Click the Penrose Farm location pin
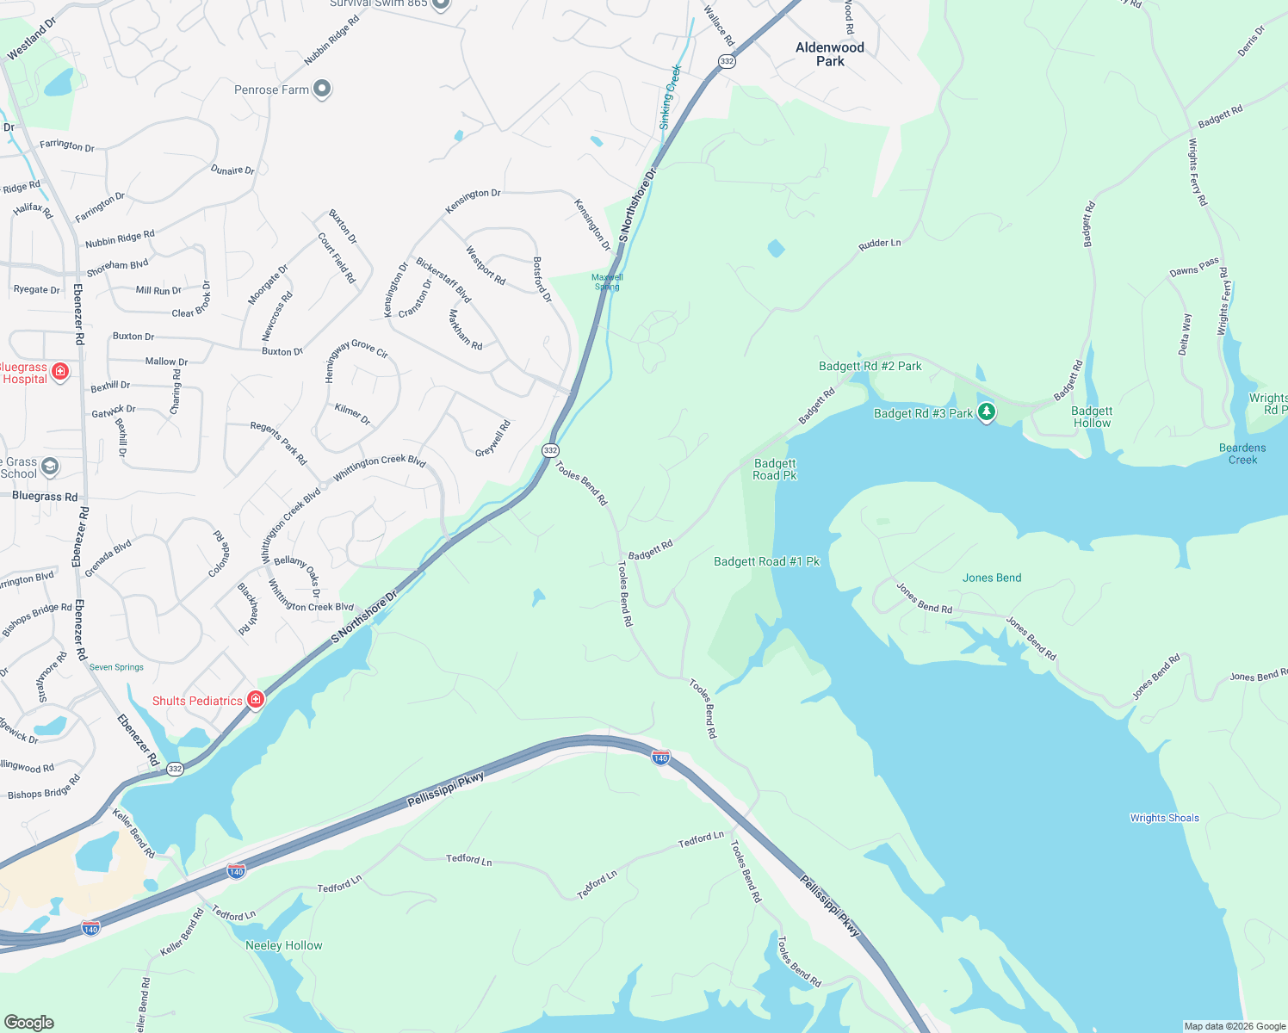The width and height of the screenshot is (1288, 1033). pyautogui.click(x=322, y=89)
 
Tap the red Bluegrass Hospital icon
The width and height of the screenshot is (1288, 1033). pyautogui.click(x=60, y=372)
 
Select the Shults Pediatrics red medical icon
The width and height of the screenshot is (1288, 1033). pyautogui.click(x=255, y=699)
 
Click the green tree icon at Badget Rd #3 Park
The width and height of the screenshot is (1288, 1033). pyautogui.click(x=987, y=412)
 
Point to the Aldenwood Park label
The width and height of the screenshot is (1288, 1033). pyautogui.click(x=829, y=54)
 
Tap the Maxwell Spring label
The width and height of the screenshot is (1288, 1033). pyautogui.click(x=607, y=281)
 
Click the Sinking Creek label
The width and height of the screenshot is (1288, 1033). pyautogui.click(x=670, y=96)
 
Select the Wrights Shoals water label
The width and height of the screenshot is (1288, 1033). pyautogui.click(x=1164, y=818)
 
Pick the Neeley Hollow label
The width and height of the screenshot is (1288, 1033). pyautogui.click(x=283, y=945)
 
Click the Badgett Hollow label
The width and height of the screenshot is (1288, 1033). pyautogui.click(x=1091, y=418)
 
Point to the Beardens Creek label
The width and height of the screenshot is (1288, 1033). pyautogui.click(x=1242, y=454)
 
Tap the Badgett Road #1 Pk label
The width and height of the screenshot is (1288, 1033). pyautogui.click(x=766, y=561)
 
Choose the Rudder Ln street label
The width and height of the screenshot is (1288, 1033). pyautogui.click(x=879, y=244)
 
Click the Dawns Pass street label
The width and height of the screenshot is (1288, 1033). pyautogui.click(x=1194, y=267)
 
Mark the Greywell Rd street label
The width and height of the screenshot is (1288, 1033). pyautogui.click(x=493, y=438)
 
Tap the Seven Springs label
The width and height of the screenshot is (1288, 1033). pyautogui.click(x=116, y=667)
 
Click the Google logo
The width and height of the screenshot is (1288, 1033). pyautogui.click(x=29, y=1022)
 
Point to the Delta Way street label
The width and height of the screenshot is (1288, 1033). pyautogui.click(x=1185, y=334)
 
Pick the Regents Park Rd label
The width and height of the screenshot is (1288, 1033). pyautogui.click(x=278, y=442)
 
